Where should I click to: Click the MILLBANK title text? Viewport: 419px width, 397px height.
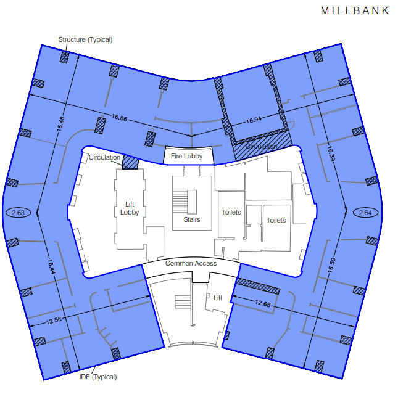355,10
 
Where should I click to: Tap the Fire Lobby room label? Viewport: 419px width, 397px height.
186,156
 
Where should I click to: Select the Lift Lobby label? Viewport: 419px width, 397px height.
130,208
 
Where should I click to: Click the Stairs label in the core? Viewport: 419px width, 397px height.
191,219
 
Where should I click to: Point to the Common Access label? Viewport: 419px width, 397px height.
191,263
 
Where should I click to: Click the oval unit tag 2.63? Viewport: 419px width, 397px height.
18,213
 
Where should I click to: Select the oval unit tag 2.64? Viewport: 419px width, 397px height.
365,213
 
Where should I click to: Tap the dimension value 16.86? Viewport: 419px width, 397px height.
119,118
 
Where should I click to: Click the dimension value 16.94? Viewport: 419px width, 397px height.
254,120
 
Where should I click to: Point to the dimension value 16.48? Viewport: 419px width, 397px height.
60,124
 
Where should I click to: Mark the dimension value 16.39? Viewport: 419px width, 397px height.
331,153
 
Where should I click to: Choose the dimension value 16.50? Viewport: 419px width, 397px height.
331,265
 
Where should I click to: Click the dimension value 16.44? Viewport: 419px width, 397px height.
51,266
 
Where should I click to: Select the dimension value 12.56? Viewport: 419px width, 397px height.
54,320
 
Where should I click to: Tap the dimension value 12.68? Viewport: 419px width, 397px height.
263,303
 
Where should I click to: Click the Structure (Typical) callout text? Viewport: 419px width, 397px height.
86,39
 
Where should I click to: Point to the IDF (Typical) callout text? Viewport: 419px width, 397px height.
98,377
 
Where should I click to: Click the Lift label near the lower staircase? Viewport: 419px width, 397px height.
218,298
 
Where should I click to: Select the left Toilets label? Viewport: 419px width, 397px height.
231,212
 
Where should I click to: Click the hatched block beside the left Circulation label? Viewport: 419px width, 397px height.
130,162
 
